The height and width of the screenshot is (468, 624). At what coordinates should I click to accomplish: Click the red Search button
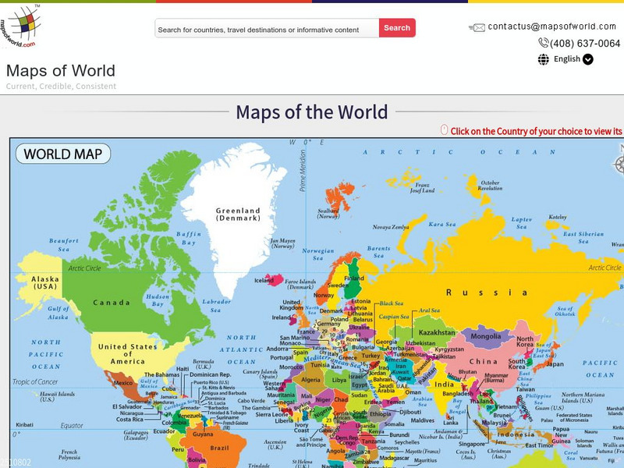[x=397, y=28]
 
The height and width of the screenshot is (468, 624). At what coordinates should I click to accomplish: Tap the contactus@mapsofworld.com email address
[x=551, y=27]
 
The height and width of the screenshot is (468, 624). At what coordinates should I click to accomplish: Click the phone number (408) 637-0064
[x=585, y=44]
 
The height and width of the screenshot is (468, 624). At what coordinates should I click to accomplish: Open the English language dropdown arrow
[x=588, y=59]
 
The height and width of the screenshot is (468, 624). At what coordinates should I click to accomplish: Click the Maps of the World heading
[x=311, y=112]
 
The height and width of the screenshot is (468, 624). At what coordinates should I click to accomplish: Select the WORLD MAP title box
[x=62, y=154]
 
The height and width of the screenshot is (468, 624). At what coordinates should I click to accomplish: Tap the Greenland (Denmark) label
[x=238, y=214]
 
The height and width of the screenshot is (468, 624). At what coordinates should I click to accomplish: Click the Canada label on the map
[x=112, y=303]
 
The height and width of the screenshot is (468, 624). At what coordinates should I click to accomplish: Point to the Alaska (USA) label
[x=45, y=283]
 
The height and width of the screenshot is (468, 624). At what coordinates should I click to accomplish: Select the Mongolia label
[x=486, y=337]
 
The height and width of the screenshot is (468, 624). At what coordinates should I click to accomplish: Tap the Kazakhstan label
[x=437, y=332]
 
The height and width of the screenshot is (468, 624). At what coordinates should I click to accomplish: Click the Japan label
[x=554, y=363]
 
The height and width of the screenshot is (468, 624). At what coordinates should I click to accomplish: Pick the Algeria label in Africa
[x=311, y=380]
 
